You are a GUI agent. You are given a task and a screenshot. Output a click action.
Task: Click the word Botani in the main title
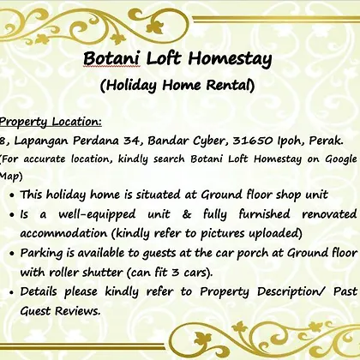tap(111, 58)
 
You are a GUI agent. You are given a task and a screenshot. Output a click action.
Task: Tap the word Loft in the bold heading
tap(164, 58)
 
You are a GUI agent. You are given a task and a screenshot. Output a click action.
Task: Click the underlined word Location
tap(77, 122)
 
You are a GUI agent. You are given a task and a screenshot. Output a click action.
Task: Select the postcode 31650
tap(253, 141)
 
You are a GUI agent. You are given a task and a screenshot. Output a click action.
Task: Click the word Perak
tap(327, 141)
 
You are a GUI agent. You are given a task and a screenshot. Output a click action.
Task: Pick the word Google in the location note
tap(341, 159)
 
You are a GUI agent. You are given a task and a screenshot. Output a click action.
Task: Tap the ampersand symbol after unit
tap(186, 214)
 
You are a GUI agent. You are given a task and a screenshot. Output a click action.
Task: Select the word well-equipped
tap(97, 215)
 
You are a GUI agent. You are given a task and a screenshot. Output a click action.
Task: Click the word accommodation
tap(63, 233)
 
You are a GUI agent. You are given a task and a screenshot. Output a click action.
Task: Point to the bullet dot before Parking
tap(12, 254)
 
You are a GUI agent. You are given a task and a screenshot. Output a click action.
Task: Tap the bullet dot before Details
tap(12, 292)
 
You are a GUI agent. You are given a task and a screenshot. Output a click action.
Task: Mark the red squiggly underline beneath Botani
tap(111, 66)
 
